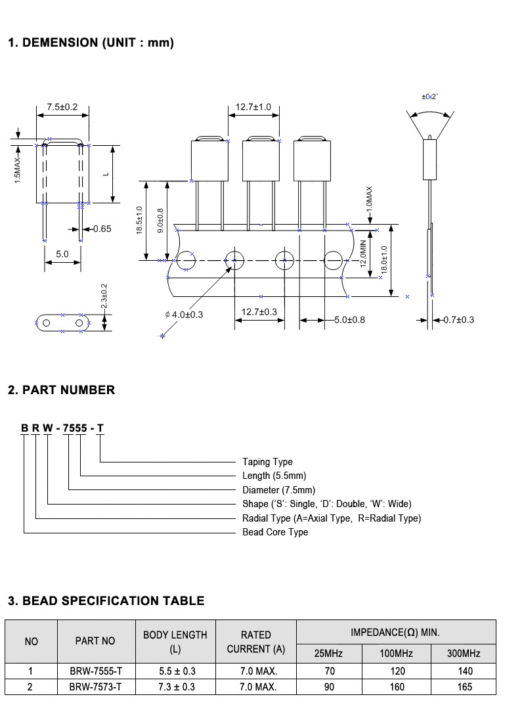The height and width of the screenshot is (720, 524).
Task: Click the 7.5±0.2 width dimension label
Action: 62,107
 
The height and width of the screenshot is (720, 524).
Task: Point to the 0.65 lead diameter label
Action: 102,229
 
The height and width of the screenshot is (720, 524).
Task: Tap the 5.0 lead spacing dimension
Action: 62,254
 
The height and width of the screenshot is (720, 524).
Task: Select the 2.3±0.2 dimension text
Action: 104,296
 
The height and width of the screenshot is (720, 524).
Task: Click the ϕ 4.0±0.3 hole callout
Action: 184,315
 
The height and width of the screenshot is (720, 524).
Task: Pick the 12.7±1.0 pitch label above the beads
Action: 253,107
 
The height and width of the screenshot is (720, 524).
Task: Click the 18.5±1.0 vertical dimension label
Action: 140,221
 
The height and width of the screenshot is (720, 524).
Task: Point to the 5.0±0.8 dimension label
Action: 349,319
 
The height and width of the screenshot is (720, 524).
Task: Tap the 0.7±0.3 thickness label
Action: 459,319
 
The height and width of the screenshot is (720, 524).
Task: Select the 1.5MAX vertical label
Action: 18,170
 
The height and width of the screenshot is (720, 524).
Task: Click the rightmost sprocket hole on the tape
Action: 334,260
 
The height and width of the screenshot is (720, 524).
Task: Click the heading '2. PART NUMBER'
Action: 62,390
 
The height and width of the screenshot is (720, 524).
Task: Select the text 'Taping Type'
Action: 267,462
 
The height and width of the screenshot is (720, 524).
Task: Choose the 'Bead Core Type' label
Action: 275,532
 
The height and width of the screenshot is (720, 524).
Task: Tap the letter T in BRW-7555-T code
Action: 100,428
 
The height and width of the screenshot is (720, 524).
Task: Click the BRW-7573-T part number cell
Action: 95,687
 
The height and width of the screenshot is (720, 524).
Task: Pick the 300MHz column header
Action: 464,654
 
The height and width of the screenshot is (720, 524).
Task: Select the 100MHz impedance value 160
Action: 397,687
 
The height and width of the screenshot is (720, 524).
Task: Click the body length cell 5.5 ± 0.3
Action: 177,671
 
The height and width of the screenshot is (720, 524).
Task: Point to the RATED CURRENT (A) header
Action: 256,642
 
